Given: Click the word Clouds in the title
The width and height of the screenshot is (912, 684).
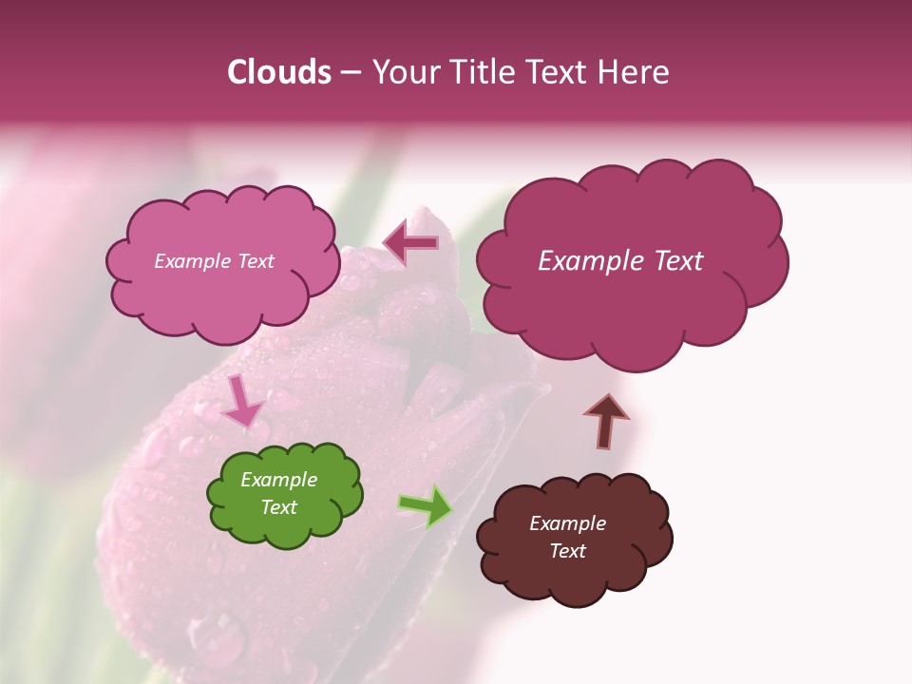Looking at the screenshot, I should click(x=279, y=72).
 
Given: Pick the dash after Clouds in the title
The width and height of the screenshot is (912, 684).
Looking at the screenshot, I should click(x=351, y=73).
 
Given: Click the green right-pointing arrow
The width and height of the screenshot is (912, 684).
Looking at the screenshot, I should click(x=426, y=507).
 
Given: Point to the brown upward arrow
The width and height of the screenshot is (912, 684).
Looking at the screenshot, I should click(x=605, y=421).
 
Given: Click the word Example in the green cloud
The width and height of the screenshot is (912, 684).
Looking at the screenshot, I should click(x=278, y=481).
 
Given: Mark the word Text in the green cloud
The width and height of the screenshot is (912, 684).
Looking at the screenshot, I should click(x=278, y=508).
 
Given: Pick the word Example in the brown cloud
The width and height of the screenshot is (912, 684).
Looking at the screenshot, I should click(x=567, y=523).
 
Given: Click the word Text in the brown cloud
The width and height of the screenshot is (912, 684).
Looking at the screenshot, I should click(x=567, y=551).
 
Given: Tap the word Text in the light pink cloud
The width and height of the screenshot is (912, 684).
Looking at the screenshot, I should click(x=255, y=261).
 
